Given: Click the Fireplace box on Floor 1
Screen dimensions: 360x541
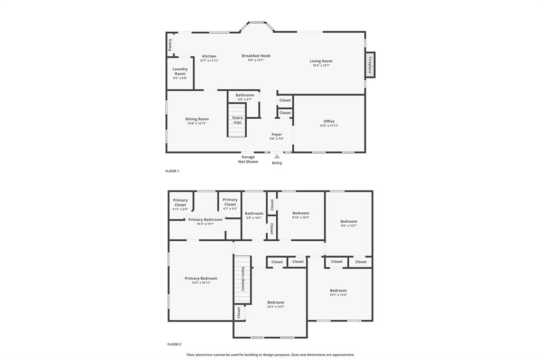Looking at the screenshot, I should click(x=370, y=64).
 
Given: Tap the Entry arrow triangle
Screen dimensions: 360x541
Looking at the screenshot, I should click(x=277, y=156).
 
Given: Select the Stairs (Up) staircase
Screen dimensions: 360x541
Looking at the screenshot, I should click(x=237, y=120).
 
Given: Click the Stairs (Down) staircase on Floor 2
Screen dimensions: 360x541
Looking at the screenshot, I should click(x=242, y=279).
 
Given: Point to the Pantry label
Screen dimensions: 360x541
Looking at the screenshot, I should click(x=170, y=45).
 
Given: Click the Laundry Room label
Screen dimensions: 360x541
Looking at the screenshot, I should click(x=180, y=71).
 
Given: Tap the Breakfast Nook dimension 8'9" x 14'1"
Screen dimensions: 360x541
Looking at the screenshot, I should click(x=256, y=60).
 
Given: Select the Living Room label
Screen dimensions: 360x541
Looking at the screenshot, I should click(x=321, y=61).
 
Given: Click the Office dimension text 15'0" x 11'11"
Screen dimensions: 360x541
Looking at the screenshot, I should click(x=329, y=126).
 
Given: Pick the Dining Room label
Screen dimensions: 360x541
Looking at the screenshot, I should click(x=197, y=119).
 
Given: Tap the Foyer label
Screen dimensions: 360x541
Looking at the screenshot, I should click(x=277, y=135).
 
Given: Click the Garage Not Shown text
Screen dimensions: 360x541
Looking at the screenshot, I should click(x=248, y=159).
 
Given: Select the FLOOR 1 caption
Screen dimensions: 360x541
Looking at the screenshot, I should click(x=172, y=171).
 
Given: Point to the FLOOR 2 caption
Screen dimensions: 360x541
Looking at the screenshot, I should click(x=174, y=344).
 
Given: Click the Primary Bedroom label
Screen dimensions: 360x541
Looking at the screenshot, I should click(x=201, y=278).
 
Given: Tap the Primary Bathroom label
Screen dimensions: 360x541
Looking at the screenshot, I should click(x=205, y=220).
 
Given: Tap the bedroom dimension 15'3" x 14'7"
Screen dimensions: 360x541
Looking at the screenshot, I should click(x=275, y=307).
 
